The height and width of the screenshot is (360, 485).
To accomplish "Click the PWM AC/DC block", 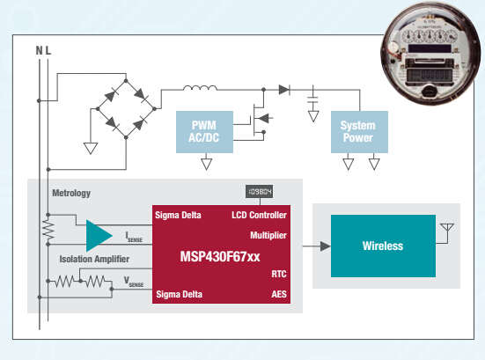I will pyautogui.click(x=206, y=131).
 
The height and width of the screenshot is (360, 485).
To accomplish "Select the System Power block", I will pyautogui.click(x=357, y=131).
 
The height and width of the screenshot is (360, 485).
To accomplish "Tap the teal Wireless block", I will pyautogui.click(x=382, y=246).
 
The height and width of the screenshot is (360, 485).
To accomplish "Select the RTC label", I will pyautogui.click(x=278, y=274).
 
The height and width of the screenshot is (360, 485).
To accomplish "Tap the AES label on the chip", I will pyautogui.click(x=278, y=294).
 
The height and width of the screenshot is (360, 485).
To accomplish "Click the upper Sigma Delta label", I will pyautogui.click(x=179, y=214).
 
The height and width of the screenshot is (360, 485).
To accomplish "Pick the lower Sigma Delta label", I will pyautogui.click(x=179, y=294).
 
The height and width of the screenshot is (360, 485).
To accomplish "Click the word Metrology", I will pyautogui.click(x=71, y=193).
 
